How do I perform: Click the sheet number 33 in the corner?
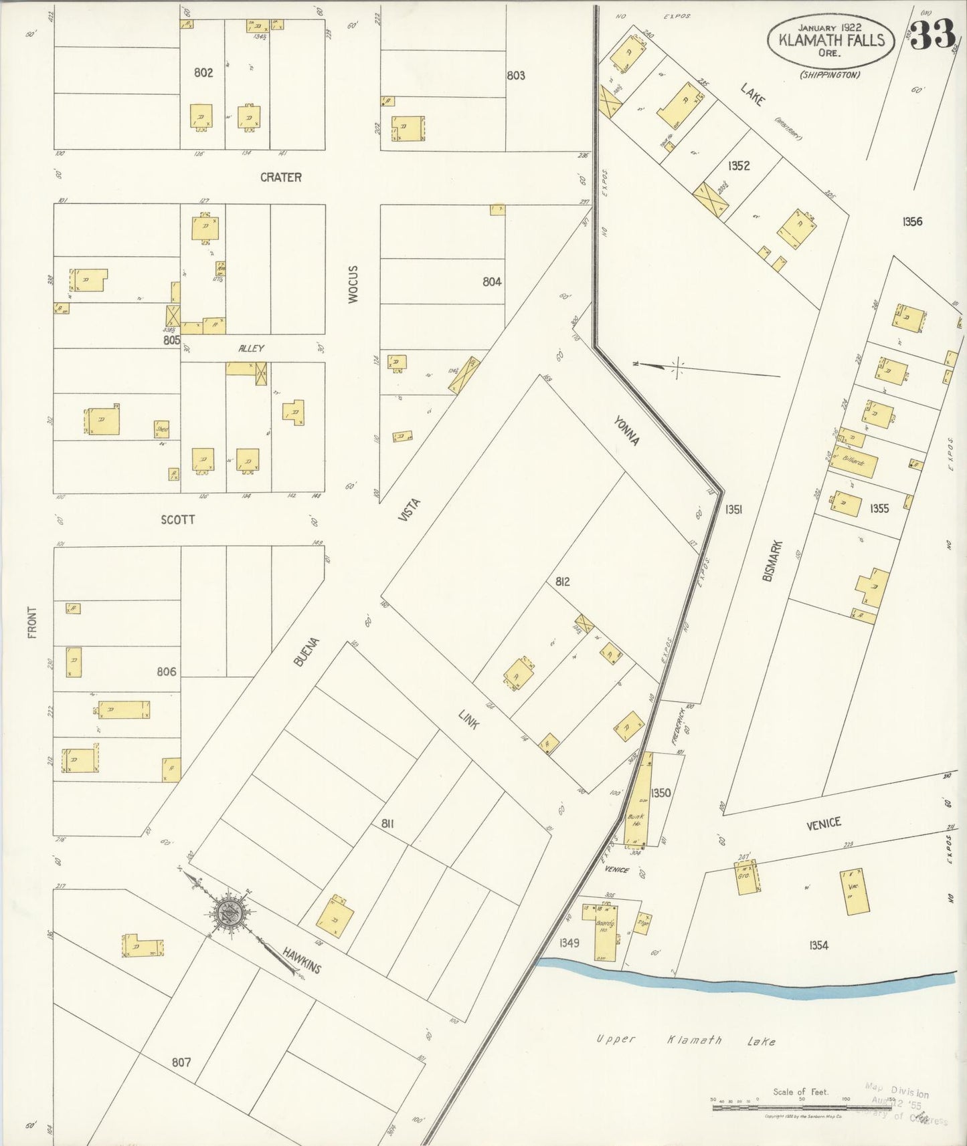(932, 35)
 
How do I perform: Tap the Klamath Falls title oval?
(831, 40)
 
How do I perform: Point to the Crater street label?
(281, 177)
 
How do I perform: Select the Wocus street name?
(353, 284)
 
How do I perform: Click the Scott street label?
(178, 520)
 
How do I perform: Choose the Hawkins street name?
(301, 960)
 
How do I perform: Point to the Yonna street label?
(628, 431)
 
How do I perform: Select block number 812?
(562, 582)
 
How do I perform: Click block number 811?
(387, 824)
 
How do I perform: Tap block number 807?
(181, 1062)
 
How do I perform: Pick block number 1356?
(911, 222)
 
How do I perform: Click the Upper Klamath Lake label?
(686, 1040)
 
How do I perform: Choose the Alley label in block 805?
(252, 348)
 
